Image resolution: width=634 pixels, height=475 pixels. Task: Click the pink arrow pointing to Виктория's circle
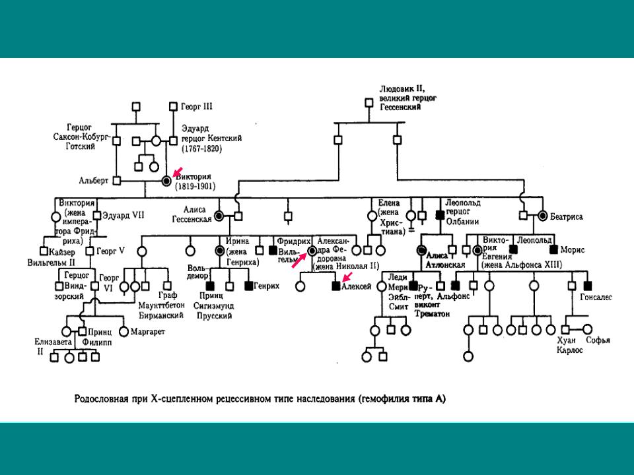177,172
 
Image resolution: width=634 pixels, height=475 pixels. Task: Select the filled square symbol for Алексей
335,286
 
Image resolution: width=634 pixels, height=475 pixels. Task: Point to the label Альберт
94,180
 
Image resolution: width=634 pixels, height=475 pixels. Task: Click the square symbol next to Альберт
116,180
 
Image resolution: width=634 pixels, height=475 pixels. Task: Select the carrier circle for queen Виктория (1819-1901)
166,180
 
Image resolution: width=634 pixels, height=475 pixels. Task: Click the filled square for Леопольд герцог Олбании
439,215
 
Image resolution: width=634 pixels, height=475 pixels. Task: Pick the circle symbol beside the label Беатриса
543,215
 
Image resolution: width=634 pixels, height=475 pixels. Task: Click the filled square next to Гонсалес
588,286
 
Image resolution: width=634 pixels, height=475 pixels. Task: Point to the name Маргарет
148,330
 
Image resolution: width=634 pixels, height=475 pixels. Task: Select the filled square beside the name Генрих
249,286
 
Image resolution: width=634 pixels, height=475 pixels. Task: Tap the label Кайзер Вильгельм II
63,256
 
